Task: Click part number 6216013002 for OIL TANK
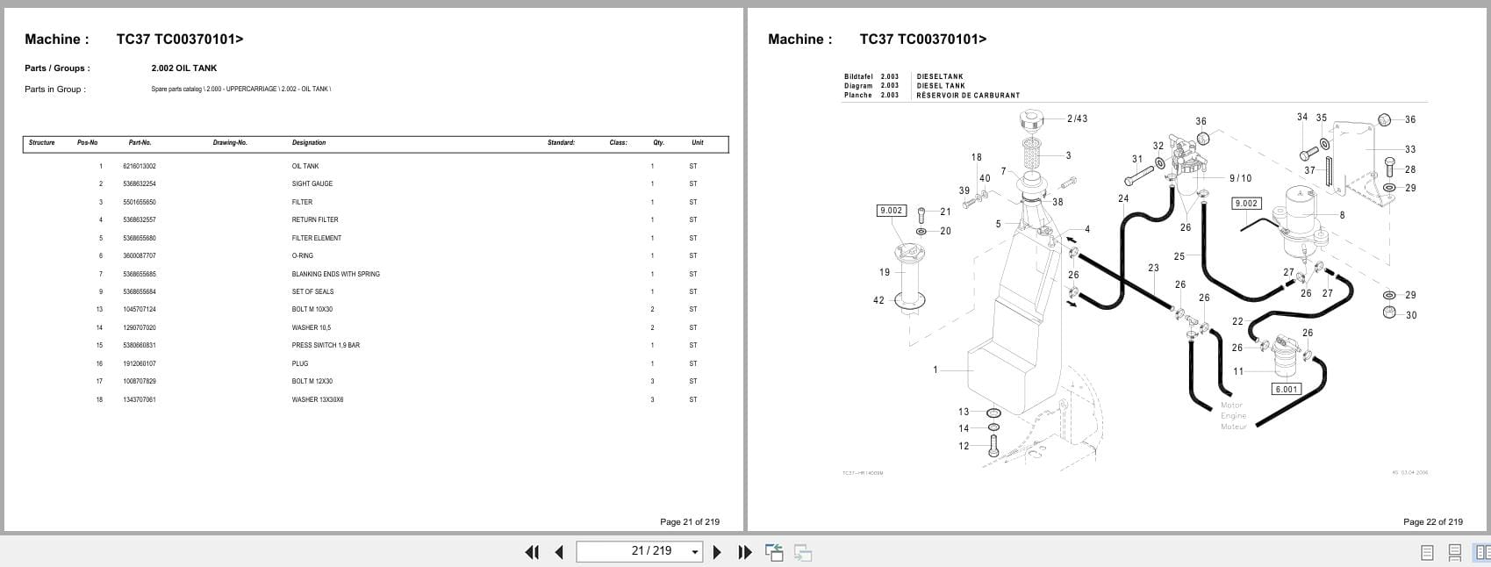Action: pos(140,166)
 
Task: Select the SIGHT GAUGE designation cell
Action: pos(312,184)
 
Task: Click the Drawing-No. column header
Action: pos(230,142)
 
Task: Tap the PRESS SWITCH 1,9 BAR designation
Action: pos(326,345)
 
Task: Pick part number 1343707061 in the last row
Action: pos(140,399)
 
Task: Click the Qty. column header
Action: pos(658,142)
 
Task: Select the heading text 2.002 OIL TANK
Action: pos(183,68)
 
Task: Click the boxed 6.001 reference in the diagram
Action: pos(1286,389)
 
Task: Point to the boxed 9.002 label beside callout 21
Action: pos(891,211)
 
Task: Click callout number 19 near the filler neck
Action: pos(885,272)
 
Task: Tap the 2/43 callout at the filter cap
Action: pos(1077,118)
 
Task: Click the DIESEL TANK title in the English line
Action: pos(941,86)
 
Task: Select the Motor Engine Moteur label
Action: pos(1233,416)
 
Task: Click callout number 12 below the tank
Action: pos(964,446)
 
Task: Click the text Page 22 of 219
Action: pos(1432,521)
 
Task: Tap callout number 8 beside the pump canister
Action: pos(1342,215)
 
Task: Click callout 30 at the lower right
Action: pos(1410,315)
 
